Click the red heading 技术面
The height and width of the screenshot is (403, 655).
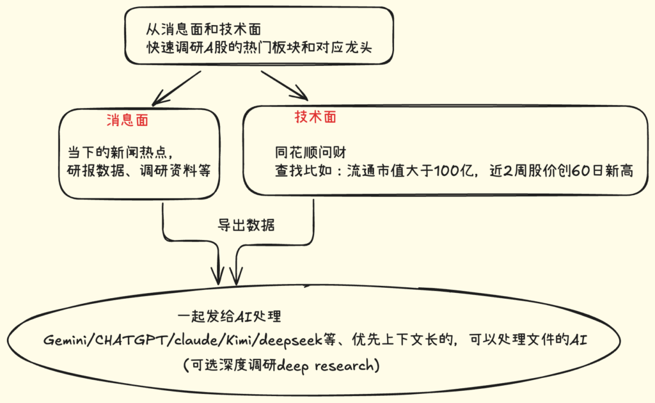(x=315, y=117)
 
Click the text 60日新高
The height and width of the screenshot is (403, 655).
(x=601, y=171)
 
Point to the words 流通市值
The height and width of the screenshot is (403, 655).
(x=372, y=171)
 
